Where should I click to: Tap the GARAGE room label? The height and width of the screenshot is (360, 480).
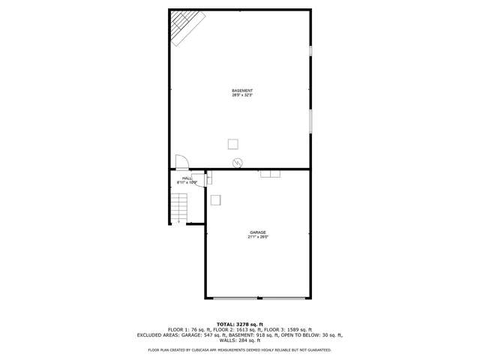(x=258, y=232)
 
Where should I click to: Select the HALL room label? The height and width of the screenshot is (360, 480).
(x=187, y=178)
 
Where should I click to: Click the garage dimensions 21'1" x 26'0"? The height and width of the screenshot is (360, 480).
(x=258, y=237)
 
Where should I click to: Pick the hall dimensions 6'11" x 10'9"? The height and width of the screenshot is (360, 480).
(x=187, y=182)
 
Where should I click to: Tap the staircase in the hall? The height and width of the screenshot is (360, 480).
(x=178, y=207)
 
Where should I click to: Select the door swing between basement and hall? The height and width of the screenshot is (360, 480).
(x=181, y=162)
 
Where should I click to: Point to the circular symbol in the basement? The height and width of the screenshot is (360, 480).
(x=238, y=162)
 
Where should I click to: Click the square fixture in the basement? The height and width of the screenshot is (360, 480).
(x=233, y=144)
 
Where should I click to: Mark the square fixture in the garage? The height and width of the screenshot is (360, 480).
(x=216, y=199)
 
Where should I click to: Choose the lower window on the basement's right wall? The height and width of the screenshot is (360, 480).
(x=310, y=121)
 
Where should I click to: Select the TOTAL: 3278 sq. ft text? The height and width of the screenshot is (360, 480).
(x=240, y=323)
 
